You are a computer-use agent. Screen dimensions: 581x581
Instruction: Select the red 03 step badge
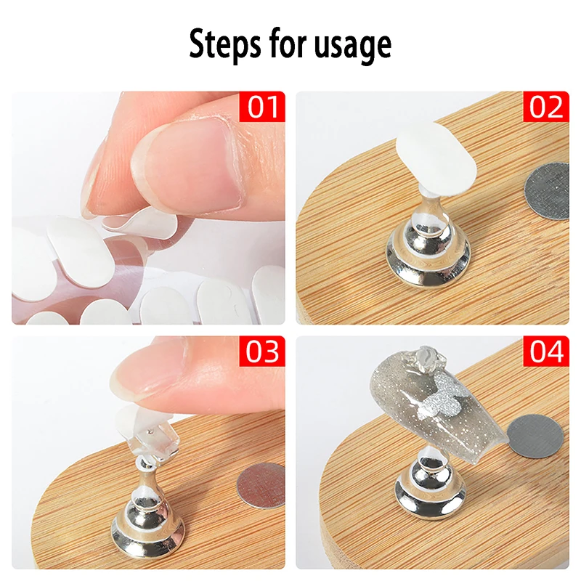click(263, 351)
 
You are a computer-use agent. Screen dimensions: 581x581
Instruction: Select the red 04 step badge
click(545, 351)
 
